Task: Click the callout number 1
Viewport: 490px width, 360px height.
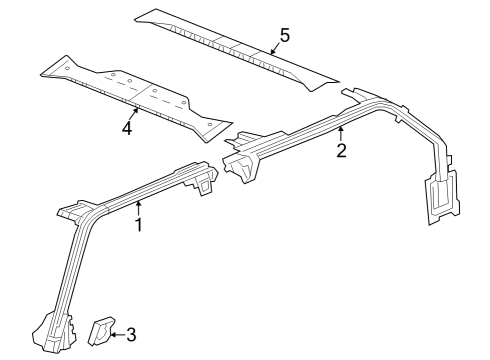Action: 139,225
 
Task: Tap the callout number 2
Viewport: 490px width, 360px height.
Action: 341,151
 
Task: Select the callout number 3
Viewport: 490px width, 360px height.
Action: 131,334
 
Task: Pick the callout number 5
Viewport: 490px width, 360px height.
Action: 285,36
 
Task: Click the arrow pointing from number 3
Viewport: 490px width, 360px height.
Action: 116,334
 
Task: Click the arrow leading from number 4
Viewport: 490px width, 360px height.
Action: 133,112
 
